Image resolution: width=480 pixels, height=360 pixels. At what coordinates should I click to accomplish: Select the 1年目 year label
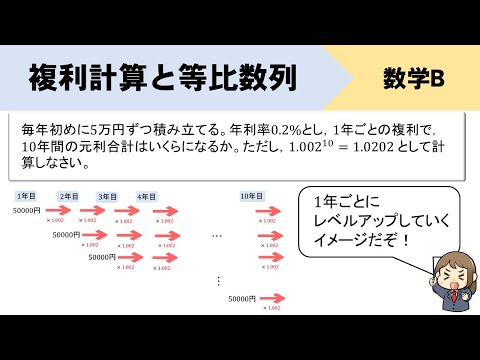[26, 196]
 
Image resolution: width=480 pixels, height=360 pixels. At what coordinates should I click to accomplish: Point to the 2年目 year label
[68, 196]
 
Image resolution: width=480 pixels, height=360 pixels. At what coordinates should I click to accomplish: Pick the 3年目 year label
[108, 196]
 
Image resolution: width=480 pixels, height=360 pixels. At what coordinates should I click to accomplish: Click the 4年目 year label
[146, 196]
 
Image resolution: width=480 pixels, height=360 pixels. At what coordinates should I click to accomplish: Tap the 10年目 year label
[253, 196]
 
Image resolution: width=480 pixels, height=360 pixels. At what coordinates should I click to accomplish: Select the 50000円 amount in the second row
[68, 234]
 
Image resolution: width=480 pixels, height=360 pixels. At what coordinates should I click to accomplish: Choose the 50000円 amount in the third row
[103, 256]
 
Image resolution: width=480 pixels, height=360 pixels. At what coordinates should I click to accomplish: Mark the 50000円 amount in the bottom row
[244, 298]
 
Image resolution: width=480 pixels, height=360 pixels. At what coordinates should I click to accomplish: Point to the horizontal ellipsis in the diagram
[217, 235]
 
